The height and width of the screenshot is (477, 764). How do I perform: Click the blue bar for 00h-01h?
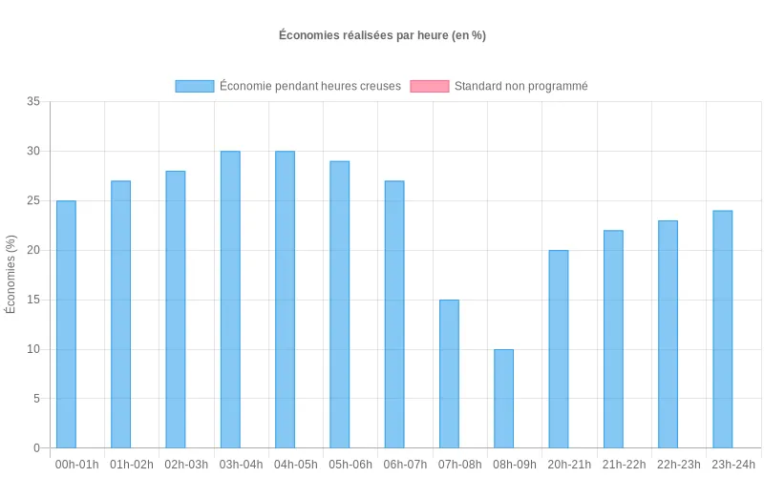[x=66, y=324]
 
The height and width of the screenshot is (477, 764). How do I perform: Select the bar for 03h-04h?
[x=230, y=300]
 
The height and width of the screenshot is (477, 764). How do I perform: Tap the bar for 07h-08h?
[x=449, y=374]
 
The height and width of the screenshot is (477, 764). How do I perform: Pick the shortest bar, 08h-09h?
[x=503, y=399]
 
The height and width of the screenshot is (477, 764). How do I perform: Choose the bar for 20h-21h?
[x=559, y=349]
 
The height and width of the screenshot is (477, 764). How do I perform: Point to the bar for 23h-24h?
[x=723, y=329]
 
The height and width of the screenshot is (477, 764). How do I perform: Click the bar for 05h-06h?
[x=340, y=304]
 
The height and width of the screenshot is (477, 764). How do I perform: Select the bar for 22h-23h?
[x=668, y=334]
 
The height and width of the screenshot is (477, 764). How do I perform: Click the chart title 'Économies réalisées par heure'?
[x=383, y=35]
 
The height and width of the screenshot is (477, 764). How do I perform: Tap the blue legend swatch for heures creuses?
[x=195, y=86]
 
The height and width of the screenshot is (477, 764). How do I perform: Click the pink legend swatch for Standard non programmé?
[x=429, y=86]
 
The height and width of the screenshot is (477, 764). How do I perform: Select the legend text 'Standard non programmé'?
[x=520, y=86]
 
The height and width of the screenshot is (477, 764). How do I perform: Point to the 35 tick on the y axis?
[x=34, y=102]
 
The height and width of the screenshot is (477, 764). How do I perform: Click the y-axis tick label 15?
[x=34, y=300]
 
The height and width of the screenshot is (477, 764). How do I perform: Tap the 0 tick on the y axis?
[x=37, y=448]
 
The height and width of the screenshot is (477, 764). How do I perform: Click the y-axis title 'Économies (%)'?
[x=11, y=275]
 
